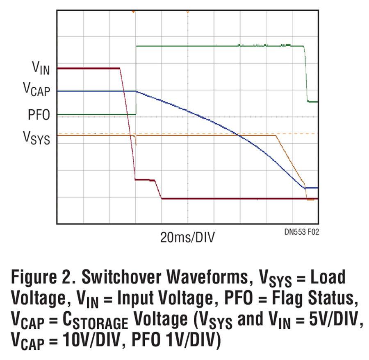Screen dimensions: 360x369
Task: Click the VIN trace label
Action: (x=41, y=69)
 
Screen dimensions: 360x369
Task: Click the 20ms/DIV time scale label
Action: (x=187, y=237)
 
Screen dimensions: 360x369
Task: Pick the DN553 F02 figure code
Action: (x=301, y=232)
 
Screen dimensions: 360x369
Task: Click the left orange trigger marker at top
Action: (x=133, y=12)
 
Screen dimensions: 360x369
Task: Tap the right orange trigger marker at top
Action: (x=187, y=12)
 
